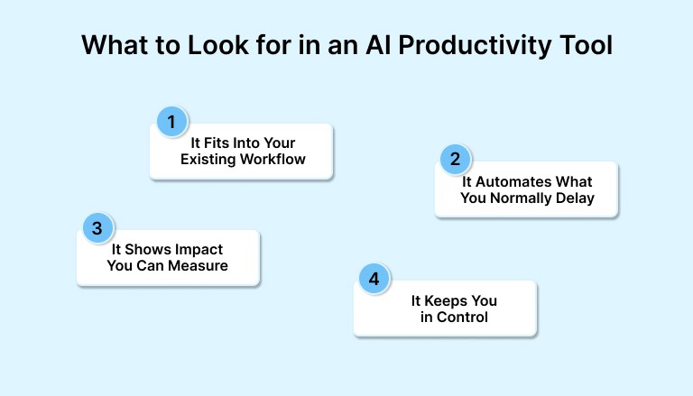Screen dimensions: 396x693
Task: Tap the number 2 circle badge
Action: pos(455,160)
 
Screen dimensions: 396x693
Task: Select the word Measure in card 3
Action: pos(200,266)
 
